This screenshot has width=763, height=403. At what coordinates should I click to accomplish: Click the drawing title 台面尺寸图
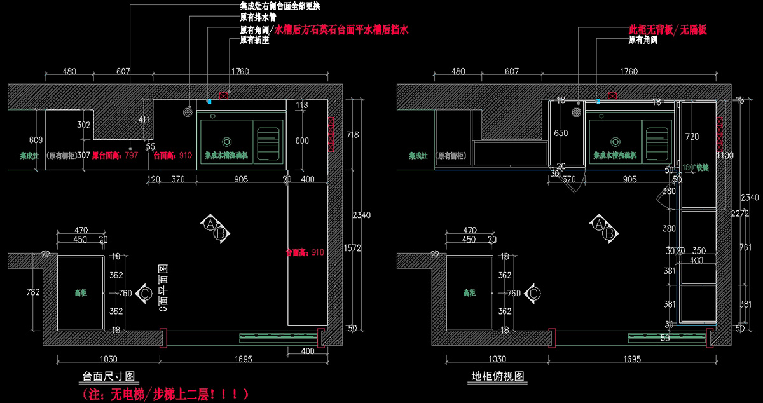[x=110, y=376]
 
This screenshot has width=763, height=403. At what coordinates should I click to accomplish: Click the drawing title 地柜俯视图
[x=498, y=376]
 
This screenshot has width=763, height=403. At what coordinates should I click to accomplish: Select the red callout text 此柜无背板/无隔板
[x=668, y=30]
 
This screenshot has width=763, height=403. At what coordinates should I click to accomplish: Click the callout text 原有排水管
[x=258, y=18]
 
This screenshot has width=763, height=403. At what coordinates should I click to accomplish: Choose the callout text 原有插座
[x=254, y=40]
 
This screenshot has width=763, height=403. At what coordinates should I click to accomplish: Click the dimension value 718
[x=352, y=135]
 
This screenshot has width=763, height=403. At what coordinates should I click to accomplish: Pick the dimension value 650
[x=561, y=133]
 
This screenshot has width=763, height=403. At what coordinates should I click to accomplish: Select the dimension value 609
[x=36, y=140]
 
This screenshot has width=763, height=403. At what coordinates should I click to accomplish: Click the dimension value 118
[x=301, y=105]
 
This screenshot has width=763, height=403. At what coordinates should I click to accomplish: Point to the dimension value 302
[x=84, y=125]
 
